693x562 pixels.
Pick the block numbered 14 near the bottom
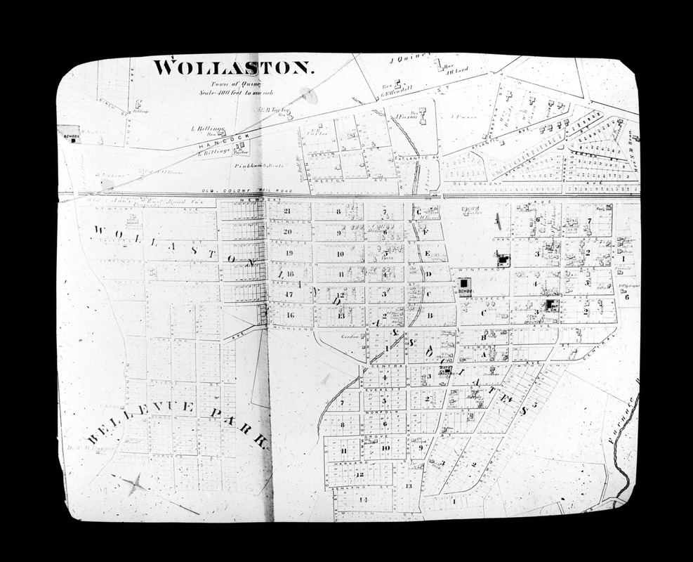363,499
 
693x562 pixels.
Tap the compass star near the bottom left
134,483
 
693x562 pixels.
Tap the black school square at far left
72,138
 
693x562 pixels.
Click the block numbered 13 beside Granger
408,486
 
